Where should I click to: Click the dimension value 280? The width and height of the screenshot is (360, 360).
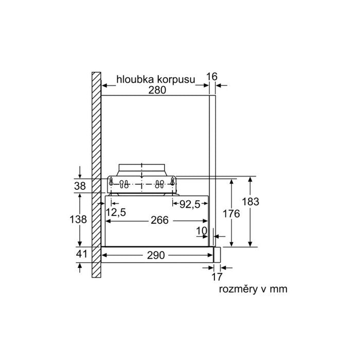[157, 90]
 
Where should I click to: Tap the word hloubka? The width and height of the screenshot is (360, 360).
[135, 79]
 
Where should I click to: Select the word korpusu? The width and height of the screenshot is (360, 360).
[176, 80]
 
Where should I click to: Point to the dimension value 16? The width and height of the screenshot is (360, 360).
[212, 77]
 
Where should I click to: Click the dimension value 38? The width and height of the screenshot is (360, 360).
[80, 186]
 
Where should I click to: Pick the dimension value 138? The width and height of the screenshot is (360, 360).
[78, 219]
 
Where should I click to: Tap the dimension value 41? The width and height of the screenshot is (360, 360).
[81, 254]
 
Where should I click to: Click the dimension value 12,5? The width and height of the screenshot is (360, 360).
[116, 212]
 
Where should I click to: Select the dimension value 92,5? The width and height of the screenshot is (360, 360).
[190, 204]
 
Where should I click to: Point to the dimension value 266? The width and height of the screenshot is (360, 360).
[160, 220]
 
